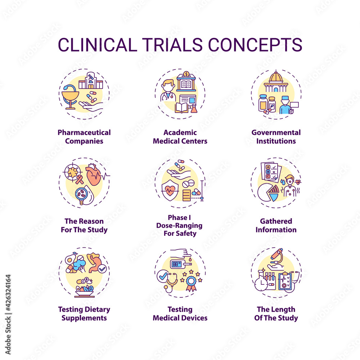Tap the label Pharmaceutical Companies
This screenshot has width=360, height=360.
click(x=84, y=137)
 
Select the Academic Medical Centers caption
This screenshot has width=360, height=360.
click(x=180, y=137)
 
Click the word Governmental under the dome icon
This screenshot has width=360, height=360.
click(x=276, y=132)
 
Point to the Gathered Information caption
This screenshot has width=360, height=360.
click(x=276, y=225)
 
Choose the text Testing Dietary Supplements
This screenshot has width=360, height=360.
click(x=84, y=314)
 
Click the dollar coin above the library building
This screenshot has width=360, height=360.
click(x=186, y=74)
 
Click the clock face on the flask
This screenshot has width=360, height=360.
click(x=262, y=285)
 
